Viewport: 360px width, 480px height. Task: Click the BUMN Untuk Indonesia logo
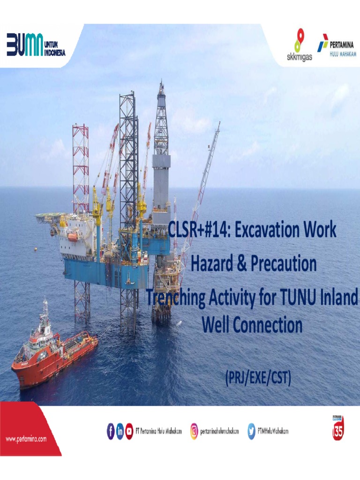tap(36, 45)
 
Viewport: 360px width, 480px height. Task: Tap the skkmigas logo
tap(299, 45)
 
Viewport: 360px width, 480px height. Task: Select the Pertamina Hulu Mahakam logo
tap(337, 45)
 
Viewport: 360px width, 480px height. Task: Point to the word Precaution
tap(284, 264)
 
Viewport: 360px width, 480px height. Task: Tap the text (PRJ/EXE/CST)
tap(258, 377)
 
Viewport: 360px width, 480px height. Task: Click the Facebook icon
tap(111, 431)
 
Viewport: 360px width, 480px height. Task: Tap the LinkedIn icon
tap(120, 431)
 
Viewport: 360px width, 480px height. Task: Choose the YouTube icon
tap(129, 431)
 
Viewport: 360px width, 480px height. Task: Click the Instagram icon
tap(194, 431)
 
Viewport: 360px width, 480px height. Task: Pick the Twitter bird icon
tap(251, 431)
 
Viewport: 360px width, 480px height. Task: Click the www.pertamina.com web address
tap(26, 439)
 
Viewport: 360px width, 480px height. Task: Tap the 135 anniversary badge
tap(338, 427)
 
